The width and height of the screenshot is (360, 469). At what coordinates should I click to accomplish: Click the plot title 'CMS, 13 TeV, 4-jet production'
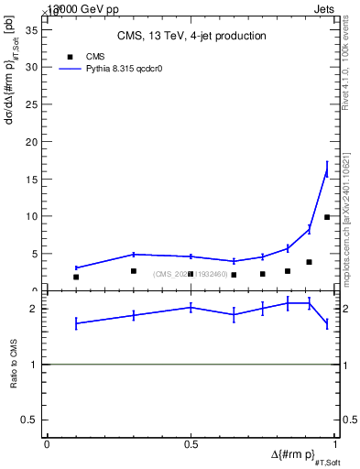[191, 37]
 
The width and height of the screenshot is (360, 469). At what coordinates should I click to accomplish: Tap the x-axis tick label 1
[334, 444]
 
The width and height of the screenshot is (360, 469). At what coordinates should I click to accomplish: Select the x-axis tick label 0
[47, 444]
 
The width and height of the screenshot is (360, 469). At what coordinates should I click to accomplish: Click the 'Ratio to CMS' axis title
[14, 364]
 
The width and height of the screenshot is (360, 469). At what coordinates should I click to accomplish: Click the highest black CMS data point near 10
[327, 217]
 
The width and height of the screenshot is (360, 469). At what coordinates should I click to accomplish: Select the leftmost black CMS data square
[76, 277]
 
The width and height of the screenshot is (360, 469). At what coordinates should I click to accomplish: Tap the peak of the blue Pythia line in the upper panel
[327, 169]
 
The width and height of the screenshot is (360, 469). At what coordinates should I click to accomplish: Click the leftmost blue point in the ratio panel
[76, 322]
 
